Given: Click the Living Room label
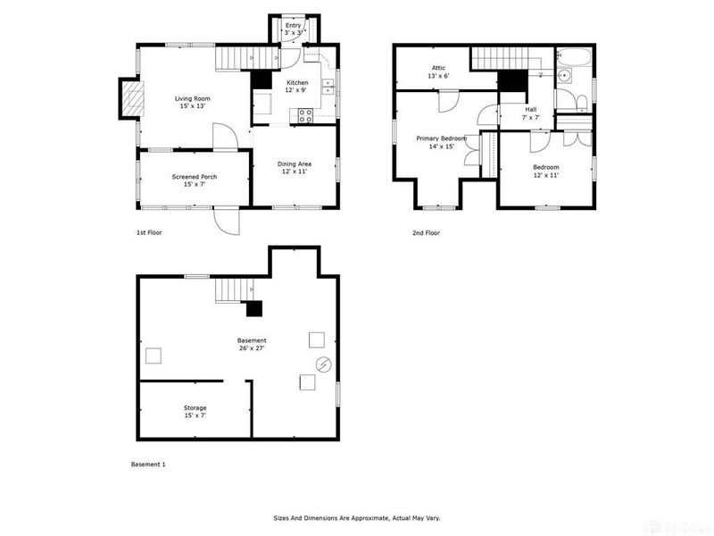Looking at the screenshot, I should [x=193, y=98].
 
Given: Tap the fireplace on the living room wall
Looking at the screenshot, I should [x=131, y=98].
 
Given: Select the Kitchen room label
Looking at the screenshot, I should [x=296, y=83].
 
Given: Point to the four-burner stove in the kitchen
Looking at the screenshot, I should [x=305, y=114].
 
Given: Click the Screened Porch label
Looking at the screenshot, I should [x=195, y=177].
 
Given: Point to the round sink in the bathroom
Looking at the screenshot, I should [x=563, y=77].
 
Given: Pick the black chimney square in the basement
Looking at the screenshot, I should [x=254, y=310].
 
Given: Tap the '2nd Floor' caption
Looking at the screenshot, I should [x=426, y=233].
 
